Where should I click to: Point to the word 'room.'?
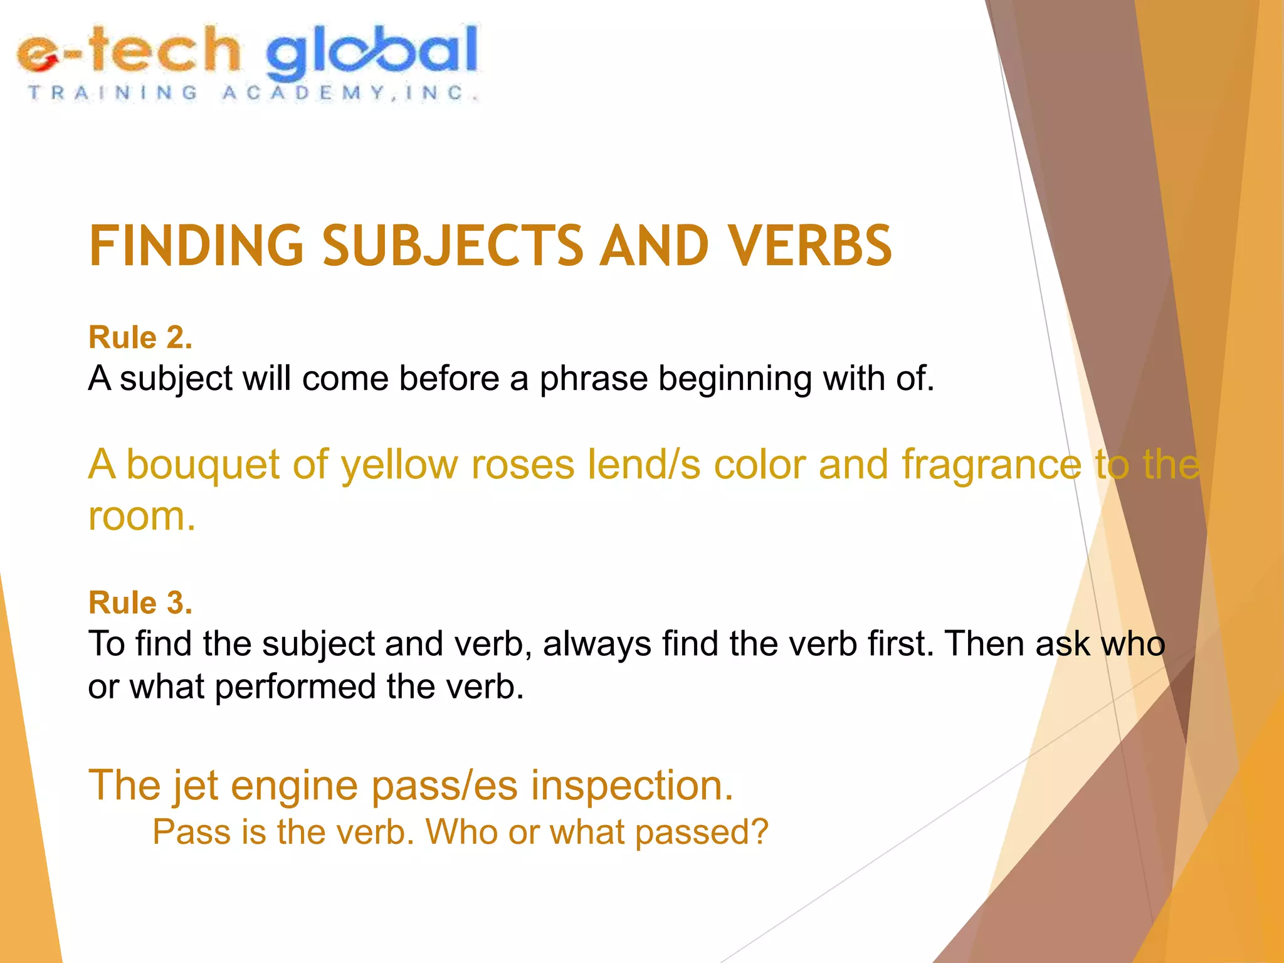tap(142, 517)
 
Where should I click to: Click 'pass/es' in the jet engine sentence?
tap(445, 786)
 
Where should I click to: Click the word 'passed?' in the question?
tap(702, 833)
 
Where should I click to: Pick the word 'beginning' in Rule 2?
tap(734, 379)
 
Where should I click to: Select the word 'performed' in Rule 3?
tap(295, 687)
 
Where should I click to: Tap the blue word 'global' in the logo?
tap(372, 53)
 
